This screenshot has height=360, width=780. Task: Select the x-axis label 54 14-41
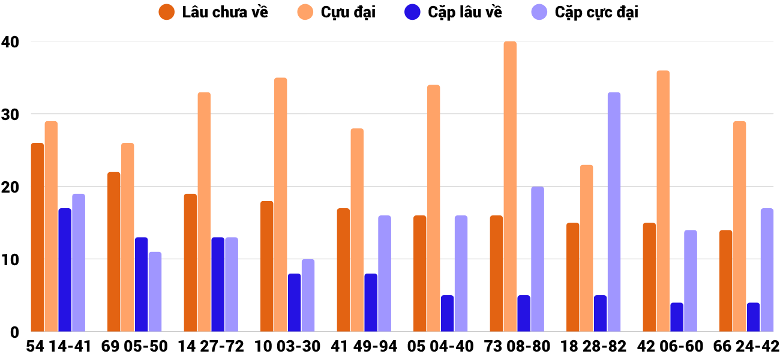click(58, 346)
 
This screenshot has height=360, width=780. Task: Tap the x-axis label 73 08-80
click(517, 346)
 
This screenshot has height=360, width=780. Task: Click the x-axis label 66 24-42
click(746, 346)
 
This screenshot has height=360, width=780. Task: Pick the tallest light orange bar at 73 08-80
click(510, 186)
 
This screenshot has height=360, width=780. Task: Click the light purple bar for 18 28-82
click(614, 212)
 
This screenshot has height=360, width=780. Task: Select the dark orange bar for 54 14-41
click(38, 237)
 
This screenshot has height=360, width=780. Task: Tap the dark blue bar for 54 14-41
click(65, 270)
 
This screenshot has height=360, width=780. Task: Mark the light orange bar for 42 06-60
click(663, 201)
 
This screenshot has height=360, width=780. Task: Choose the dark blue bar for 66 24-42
click(753, 317)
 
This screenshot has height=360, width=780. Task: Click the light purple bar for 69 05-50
click(155, 292)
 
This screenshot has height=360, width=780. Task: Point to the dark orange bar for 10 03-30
click(267, 266)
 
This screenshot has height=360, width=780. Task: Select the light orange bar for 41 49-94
click(357, 230)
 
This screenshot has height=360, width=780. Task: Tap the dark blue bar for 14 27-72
click(218, 284)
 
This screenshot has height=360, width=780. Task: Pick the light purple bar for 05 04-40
click(461, 274)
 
